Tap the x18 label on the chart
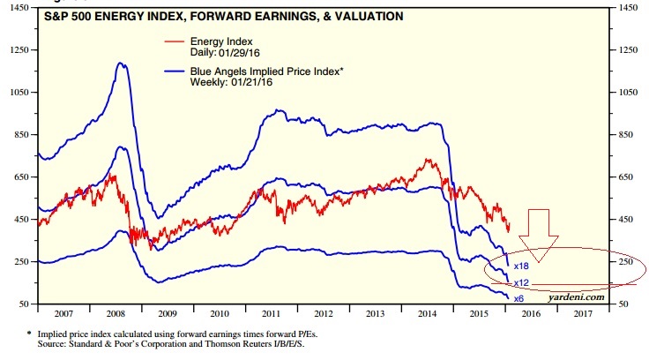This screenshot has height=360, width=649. [x=521, y=265]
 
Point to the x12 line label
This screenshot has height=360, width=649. [x=521, y=282]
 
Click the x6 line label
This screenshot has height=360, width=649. [x=519, y=298]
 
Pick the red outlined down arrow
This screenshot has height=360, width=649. [x=538, y=231]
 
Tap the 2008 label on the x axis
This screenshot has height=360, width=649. [x=115, y=313]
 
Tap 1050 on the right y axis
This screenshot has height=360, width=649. [x=630, y=92]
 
